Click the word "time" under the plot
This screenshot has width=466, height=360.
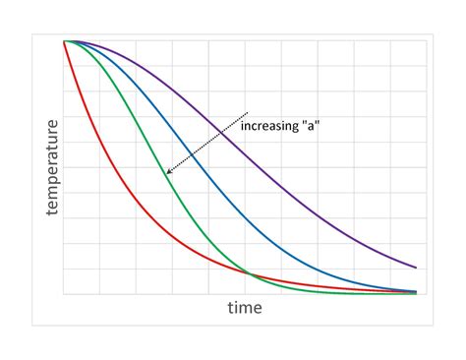pos(245,308)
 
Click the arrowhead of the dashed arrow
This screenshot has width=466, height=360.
pos(167,174)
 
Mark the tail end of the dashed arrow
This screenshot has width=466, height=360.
pos(249,111)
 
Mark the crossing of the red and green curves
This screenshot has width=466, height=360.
pos(248,273)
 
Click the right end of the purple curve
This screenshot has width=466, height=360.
pos(416,267)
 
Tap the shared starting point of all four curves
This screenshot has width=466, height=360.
pos(65,41)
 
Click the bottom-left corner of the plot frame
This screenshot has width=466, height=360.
pos(64,294)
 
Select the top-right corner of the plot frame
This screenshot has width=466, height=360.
pos(427,40)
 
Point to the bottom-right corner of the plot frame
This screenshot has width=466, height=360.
pos(427,294)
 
